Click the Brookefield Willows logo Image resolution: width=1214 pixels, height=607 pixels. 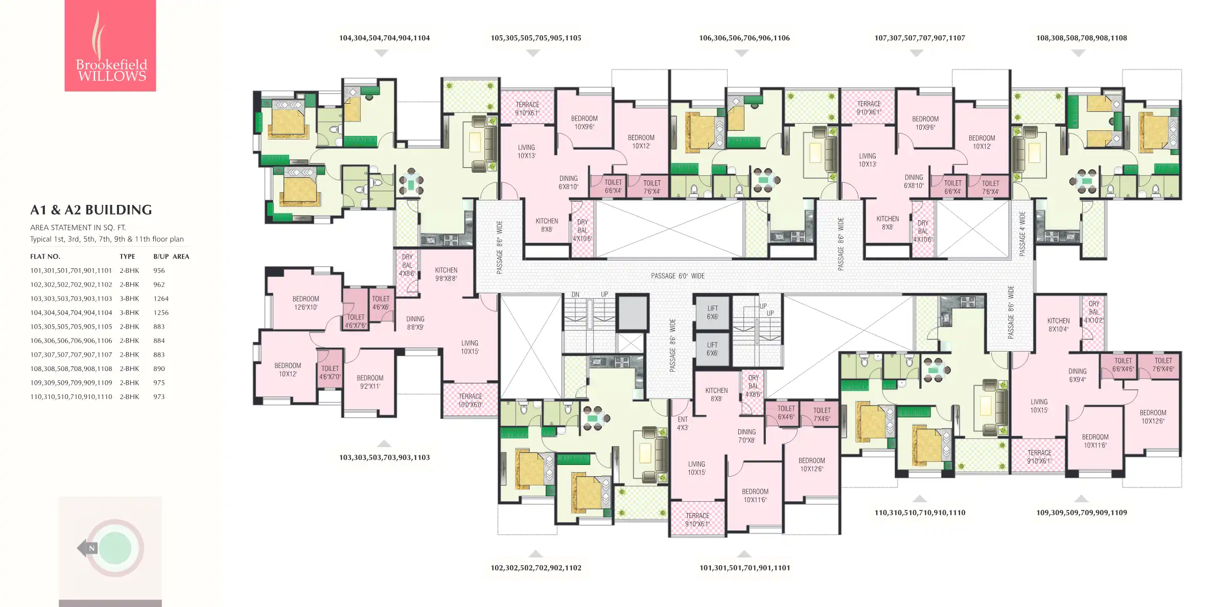[x=110, y=45]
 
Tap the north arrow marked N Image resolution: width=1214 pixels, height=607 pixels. [x=88, y=548]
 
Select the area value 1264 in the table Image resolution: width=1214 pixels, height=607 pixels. [x=161, y=298]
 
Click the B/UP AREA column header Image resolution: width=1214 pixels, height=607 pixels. [x=171, y=256]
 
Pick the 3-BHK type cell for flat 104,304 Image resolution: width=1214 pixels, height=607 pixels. [x=129, y=313]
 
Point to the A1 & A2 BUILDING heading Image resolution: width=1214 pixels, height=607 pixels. [x=91, y=210]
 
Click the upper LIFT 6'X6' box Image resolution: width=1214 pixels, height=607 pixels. [x=712, y=312]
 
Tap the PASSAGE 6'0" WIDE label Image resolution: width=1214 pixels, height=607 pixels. [x=678, y=276]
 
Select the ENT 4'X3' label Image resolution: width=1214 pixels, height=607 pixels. [x=683, y=424]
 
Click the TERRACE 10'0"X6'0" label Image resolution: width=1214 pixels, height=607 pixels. [x=470, y=401]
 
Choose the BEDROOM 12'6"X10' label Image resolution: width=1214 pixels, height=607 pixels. [x=306, y=303]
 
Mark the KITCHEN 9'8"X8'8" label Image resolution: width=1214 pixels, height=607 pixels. [x=446, y=274]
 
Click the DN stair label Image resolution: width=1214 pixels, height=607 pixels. [x=575, y=295]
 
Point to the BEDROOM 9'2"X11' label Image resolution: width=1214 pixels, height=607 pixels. [x=370, y=382]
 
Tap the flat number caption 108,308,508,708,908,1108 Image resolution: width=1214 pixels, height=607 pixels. [x=1081, y=38]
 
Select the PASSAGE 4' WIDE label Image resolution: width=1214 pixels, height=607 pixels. [x=1022, y=234]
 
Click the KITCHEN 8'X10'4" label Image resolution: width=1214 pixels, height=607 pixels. [x=1058, y=325]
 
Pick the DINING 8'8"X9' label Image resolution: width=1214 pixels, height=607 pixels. [x=415, y=323]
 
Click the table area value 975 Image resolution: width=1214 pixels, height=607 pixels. [x=159, y=383]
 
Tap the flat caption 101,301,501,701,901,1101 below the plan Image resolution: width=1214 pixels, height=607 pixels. [x=744, y=568]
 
